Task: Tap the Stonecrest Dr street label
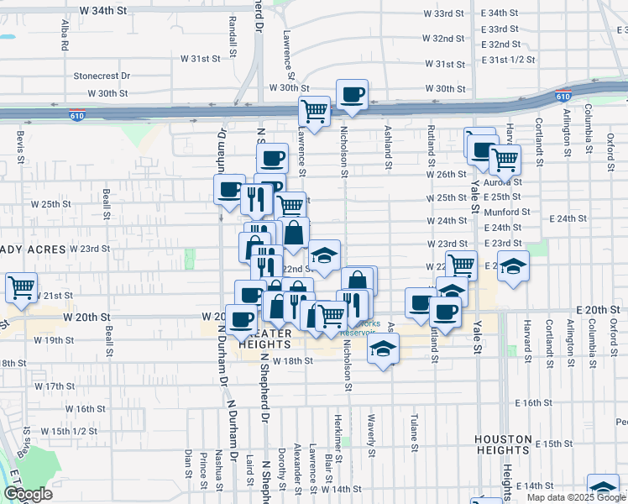102,76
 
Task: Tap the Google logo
28,494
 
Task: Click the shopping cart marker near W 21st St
21,287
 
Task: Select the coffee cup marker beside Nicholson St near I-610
352,95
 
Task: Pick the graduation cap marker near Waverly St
383,349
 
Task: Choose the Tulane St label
414,429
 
